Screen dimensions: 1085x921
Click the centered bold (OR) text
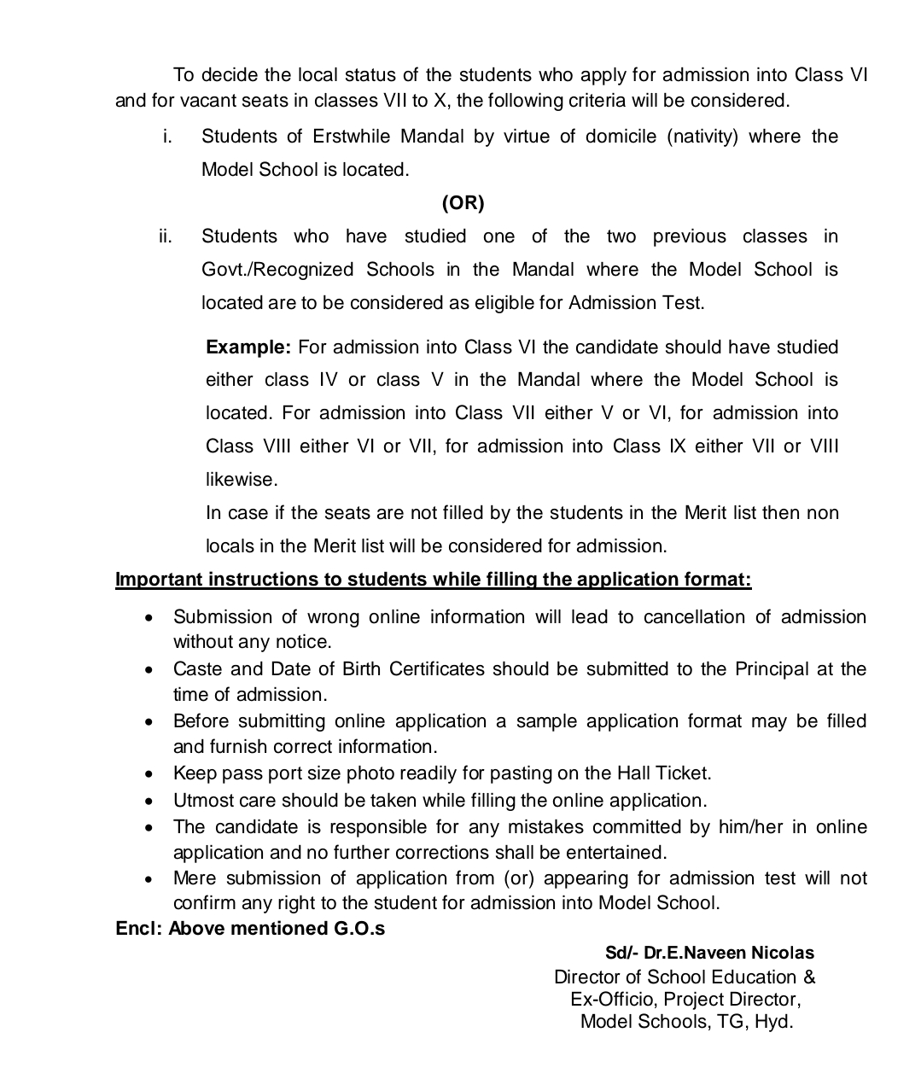coord(463,203)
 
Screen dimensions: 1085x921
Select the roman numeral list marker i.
coord(167,137)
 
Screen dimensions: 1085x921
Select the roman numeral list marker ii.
coord(166,236)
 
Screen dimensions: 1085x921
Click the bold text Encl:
coord(138,929)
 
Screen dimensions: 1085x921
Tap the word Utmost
coord(199,801)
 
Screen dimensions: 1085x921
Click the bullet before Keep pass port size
coord(149,775)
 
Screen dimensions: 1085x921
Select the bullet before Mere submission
coord(149,879)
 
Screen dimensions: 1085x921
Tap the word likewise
coord(242,480)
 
